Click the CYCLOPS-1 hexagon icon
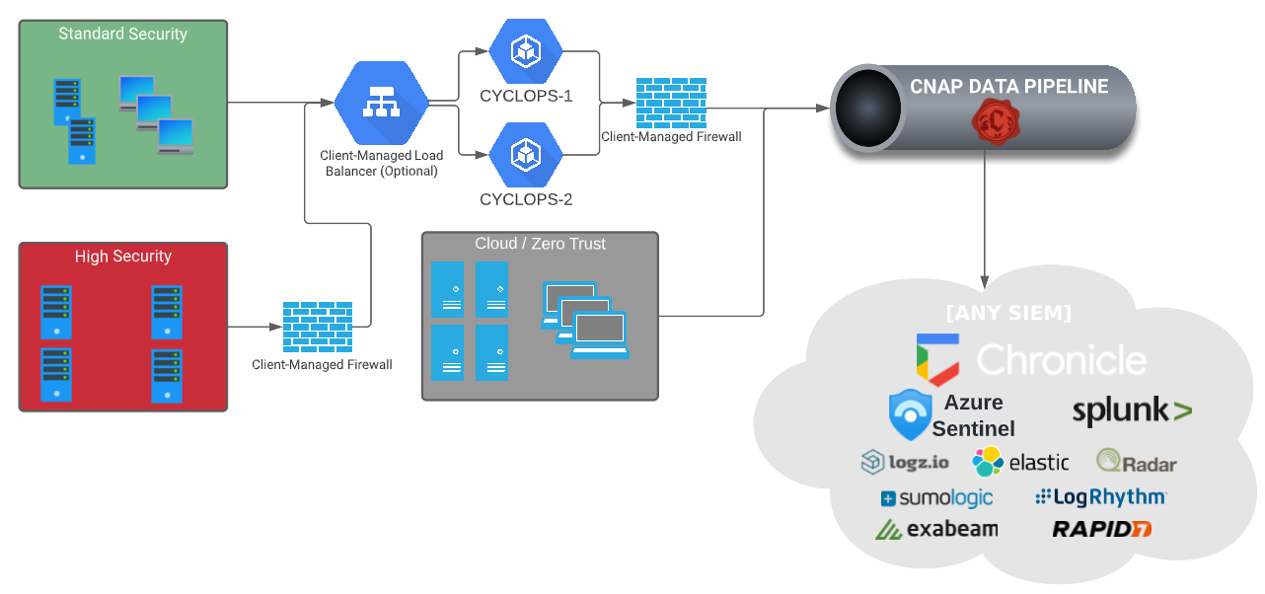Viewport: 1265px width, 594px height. coord(526,51)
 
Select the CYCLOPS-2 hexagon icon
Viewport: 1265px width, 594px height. coord(526,154)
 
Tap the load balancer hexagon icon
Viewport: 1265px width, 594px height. coord(381,103)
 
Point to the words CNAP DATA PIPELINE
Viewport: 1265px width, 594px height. coord(1008,87)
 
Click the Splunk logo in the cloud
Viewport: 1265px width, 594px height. coord(1131,411)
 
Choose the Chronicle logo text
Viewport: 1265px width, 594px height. coord(1061,359)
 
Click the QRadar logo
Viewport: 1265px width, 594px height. coord(1136,462)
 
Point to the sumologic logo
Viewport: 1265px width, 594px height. coord(936,498)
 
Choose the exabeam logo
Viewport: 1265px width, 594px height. coord(936,529)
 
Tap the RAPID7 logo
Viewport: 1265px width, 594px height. coord(1101,529)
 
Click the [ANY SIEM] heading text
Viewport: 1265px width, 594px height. coord(1008,314)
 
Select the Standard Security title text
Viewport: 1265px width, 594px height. coord(122,35)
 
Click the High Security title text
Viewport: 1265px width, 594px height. coord(122,257)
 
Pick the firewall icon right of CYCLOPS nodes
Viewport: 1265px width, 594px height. coord(672,103)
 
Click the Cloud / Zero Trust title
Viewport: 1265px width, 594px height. coord(540,244)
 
